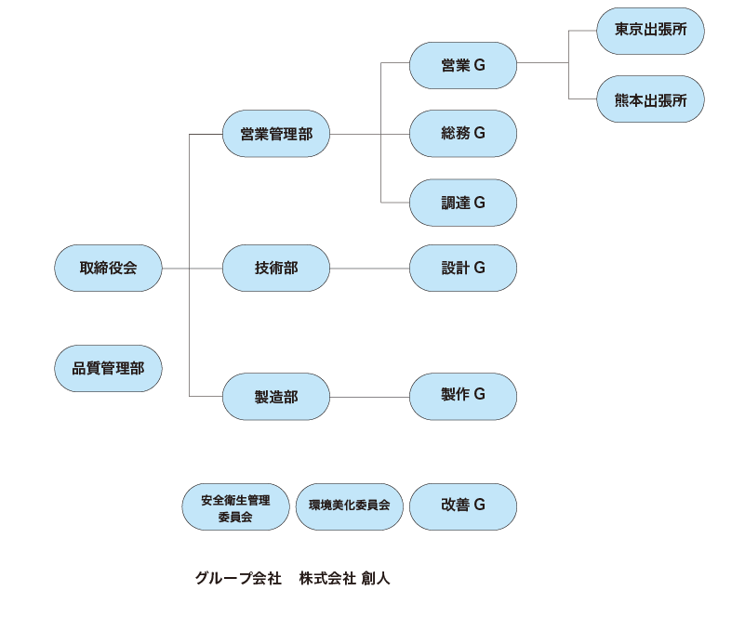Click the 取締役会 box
(x=108, y=269)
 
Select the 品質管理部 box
(x=108, y=368)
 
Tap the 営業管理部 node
(x=276, y=134)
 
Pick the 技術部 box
(x=276, y=269)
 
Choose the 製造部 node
(x=276, y=397)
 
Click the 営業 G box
(x=463, y=65)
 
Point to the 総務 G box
(x=463, y=133)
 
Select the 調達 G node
(x=463, y=203)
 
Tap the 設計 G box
(x=463, y=269)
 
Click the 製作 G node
(x=463, y=396)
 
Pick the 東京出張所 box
(x=651, y=31)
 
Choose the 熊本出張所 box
(x=651, y=100)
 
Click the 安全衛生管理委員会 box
(x=235, y=507)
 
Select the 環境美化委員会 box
(x=349, y=507)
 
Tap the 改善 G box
(x=463, y=506)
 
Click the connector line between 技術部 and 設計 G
(x=370, y=269)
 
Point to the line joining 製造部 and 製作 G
(x=370, y=397)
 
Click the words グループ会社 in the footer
(x=237, y=579)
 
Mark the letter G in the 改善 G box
(x=479, y=506)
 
